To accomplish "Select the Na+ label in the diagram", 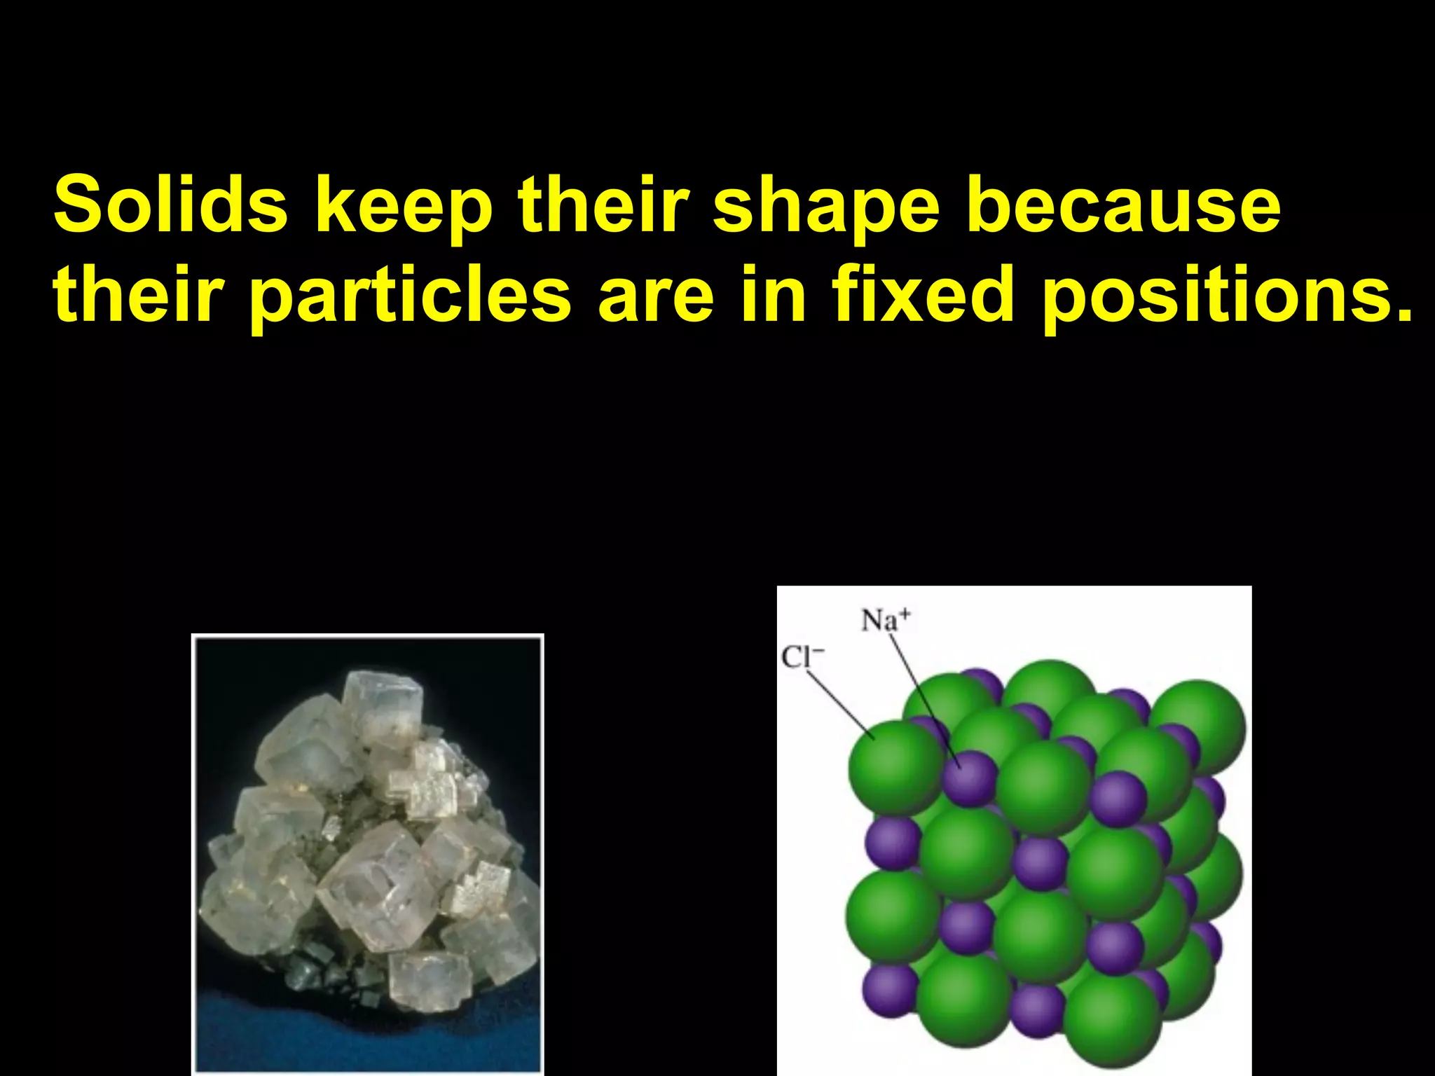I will coord(886,621).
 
